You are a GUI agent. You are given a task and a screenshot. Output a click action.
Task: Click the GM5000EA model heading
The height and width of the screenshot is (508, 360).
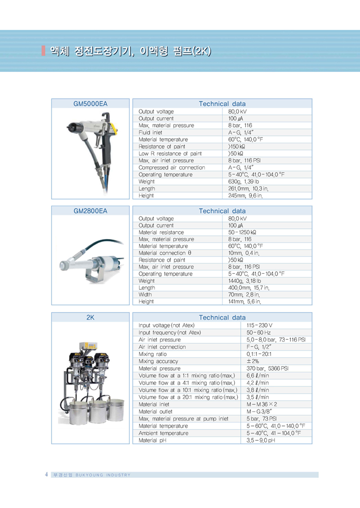click(x=90, y=103)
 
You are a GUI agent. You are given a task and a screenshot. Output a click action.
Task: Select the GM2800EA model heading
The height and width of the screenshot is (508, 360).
click(x=90, y=211)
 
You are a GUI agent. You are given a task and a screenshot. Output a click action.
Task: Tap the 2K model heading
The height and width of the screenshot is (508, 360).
click(x=90, y=317)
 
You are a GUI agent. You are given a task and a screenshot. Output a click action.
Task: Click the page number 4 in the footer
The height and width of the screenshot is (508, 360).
click(x=46, y=475)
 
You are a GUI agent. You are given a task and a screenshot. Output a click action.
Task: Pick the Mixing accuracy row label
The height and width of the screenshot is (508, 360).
click(x=158, y=361)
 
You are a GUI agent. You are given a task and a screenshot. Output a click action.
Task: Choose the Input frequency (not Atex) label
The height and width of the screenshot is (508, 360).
click(x=170, y=333)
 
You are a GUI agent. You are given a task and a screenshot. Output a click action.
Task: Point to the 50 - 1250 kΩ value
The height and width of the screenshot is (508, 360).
click(x=243, y=232)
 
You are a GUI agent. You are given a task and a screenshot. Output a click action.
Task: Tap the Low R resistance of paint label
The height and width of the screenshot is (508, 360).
click(x=170, y=153)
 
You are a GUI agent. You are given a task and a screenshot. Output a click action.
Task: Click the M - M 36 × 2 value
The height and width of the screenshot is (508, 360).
click(x=262, y=404)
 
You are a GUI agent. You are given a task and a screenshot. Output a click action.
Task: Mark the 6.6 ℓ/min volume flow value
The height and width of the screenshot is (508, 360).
click(x=258, y=375)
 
